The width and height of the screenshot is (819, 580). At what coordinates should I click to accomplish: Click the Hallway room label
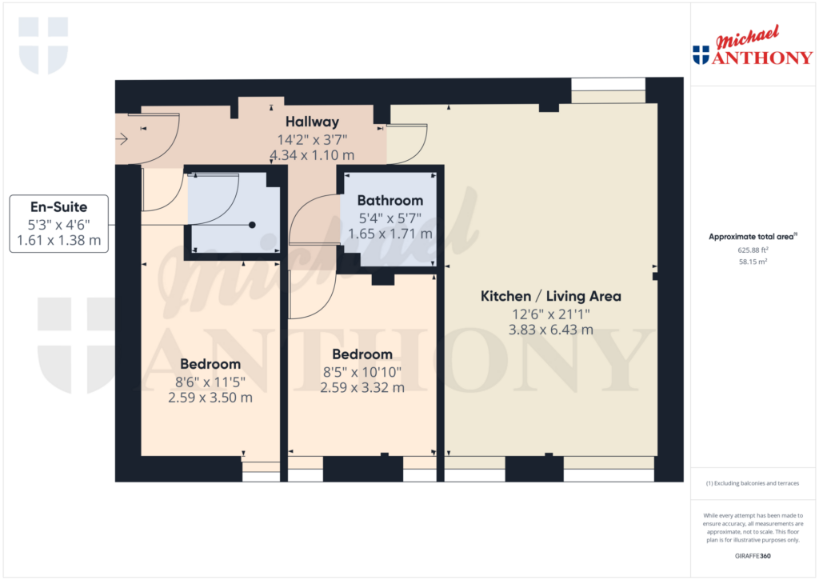312,122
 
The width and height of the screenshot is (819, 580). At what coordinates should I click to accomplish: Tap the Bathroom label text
390,201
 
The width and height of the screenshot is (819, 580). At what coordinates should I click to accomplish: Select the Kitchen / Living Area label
551,296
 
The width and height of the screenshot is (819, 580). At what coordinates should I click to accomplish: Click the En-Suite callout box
59,224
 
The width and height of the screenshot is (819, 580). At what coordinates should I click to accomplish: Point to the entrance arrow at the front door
122,139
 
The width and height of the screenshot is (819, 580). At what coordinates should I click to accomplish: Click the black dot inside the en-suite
252,225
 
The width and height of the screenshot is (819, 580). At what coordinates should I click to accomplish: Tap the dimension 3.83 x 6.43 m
551,330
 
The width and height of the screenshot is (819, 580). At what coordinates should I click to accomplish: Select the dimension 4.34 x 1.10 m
312,155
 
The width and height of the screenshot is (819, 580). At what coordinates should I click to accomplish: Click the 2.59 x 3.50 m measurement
210,398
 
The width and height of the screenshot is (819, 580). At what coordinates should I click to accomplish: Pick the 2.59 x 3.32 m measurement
362,388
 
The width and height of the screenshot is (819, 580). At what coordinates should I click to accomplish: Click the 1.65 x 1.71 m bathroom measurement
390,234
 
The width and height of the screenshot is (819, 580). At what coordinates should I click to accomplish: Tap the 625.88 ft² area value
753,250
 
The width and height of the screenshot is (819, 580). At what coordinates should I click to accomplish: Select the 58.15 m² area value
753,262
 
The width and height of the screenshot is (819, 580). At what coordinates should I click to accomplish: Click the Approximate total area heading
753,237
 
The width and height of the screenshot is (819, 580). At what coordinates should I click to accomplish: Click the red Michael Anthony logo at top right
753,46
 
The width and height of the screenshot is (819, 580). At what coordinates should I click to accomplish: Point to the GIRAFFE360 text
753,556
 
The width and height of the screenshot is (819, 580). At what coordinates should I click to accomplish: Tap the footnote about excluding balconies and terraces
753,483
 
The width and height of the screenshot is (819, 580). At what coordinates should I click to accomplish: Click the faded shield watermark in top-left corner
43,46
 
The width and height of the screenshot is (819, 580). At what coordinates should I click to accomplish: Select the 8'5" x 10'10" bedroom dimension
362,372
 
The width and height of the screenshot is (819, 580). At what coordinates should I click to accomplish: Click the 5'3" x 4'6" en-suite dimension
59,225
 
